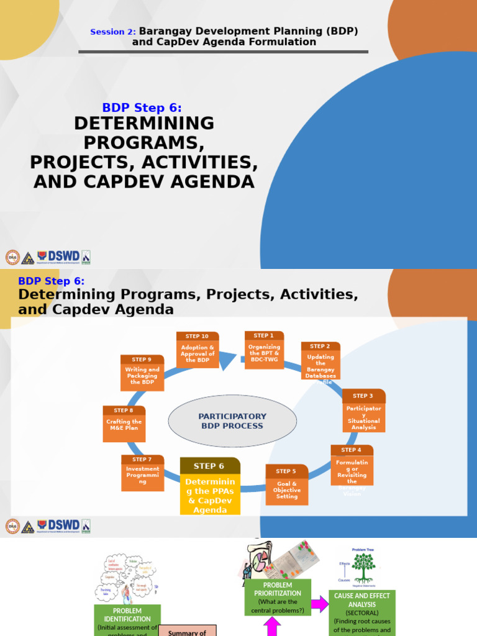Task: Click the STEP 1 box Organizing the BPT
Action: (264, 350)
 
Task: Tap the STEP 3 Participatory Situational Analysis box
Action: (363, 411)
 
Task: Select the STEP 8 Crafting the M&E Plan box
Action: (124, 424)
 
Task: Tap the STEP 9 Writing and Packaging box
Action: (142, 373)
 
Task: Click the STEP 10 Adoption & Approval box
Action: (198, 350)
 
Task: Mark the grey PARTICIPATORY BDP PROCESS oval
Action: (232, 421)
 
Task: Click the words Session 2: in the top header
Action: (113, 32)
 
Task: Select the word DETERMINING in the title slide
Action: (144, 123)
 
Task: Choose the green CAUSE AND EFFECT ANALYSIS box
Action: (362, 612)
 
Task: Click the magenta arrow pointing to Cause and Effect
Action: (320, 603)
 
